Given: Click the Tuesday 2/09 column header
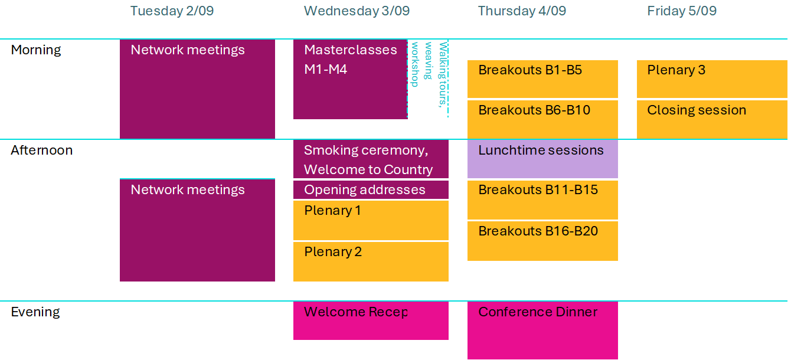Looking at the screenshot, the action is (172, 11).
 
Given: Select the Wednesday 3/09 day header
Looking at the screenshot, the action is (357, 11).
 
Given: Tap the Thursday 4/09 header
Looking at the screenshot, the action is (522, 11).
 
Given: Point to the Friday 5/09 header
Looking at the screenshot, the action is (682, 11).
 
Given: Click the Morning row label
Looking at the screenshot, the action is (36, 50).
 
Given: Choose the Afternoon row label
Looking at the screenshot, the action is (42, 150).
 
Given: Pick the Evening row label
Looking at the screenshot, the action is (35, 312).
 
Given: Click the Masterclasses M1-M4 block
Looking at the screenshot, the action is (351, 80).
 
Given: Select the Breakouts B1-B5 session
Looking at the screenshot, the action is (542, 79).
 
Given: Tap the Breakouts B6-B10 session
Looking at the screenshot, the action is (542, 120).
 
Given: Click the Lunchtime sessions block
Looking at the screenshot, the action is (542, 159).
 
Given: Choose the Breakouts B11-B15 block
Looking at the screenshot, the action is (542, 200).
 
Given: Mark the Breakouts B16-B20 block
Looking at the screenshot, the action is (542, 241).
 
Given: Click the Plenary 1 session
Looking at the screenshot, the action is (371, 221).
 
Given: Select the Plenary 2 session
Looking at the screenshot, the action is (371, 261).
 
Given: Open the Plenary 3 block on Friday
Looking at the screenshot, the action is (712, 79).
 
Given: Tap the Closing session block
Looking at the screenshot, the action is (712, 120).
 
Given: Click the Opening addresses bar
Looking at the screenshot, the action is (371, 190).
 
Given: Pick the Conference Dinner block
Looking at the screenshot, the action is (542, 330).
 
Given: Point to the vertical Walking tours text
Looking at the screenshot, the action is (443, 74).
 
